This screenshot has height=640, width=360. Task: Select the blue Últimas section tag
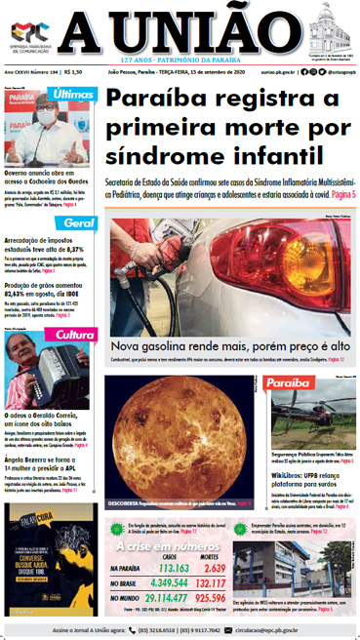click(74, 96)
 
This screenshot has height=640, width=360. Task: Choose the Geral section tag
click(78, 223)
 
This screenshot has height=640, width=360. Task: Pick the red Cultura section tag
click(74, 335)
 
